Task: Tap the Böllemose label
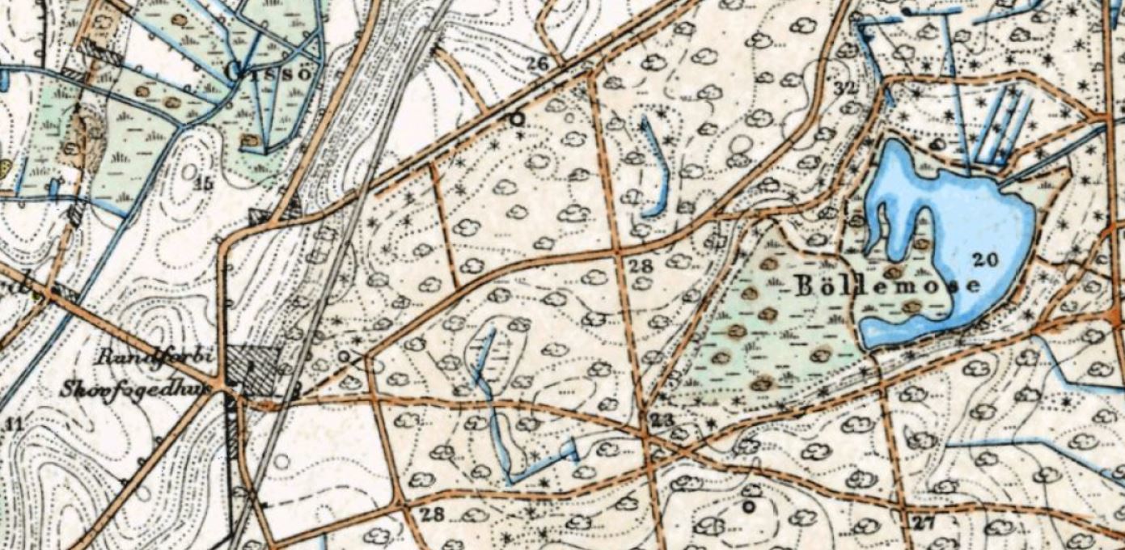tap(888, 285)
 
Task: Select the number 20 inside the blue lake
tap(986, 260)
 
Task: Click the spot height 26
tap(537, 63)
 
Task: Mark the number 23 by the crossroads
tap(662, 419)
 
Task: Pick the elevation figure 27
tap(923, 522)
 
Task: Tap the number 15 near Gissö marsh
tap(204, 184)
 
